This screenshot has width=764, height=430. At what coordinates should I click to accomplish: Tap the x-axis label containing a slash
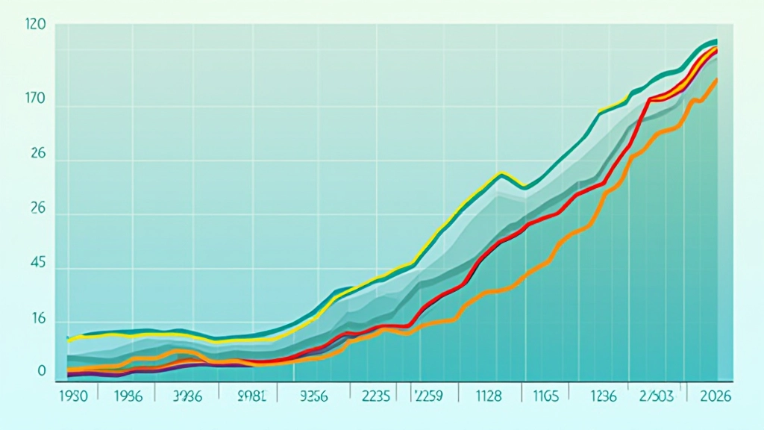653,396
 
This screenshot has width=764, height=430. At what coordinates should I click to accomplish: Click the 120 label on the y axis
35,25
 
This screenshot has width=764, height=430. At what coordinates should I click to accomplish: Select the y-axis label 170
35,99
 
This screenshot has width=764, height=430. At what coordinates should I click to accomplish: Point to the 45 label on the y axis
37,264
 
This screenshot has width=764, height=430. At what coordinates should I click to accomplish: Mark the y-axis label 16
37,320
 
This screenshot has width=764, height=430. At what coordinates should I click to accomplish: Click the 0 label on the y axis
42,371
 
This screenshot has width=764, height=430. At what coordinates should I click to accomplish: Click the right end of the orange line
717,79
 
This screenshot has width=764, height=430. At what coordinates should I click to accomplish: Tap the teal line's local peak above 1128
501,173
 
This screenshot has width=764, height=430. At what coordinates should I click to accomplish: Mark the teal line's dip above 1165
525,187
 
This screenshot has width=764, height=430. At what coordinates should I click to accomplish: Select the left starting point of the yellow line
69,340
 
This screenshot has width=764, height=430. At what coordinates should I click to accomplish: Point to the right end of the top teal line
717,40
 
